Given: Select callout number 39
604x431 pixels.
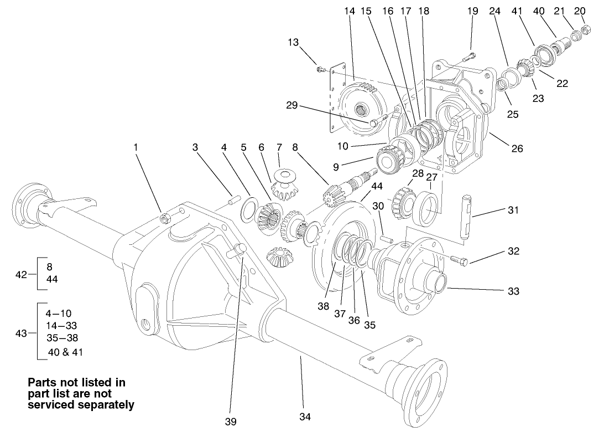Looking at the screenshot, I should coord(231,422).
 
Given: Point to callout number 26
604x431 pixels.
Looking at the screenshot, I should coord(517,148).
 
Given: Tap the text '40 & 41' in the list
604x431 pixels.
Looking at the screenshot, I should coord(66,351).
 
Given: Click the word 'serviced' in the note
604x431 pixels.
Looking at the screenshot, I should coord(48,404).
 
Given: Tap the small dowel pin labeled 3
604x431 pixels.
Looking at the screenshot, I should coord(234,198).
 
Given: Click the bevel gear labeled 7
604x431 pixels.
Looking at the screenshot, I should coord(287,177).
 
